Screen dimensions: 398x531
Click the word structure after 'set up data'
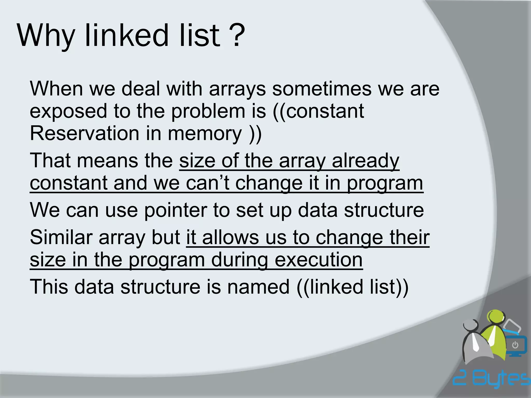(384, 210)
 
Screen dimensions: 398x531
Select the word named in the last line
(258, 287)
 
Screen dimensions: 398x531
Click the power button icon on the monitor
(515, 345)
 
